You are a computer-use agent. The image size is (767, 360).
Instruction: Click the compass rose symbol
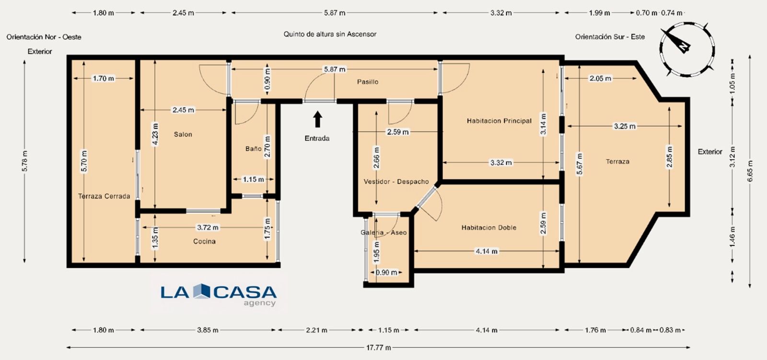[x=687, y=48]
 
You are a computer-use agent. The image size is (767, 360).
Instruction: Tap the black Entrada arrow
[x=317, y=119]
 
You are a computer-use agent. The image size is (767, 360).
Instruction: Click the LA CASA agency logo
[x=219, y=293]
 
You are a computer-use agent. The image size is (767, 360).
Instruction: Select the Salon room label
[x=183, y=135]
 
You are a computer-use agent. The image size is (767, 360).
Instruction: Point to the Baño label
[x=253, y=149]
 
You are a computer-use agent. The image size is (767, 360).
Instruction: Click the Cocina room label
[x=204, y=242]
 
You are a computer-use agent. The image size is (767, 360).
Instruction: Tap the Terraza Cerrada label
[x=104, y=197]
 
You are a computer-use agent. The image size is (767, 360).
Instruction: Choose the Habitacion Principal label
[x=499, y=121]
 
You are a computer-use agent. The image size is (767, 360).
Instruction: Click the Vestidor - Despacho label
[x=396, y=182]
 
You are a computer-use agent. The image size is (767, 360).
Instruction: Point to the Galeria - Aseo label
[x=383, y=233]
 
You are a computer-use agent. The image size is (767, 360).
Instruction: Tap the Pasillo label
[x=368, y=82]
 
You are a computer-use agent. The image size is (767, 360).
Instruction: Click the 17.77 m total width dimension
[x=378, y=348]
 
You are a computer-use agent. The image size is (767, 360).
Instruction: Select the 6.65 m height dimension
[x=750, y=171]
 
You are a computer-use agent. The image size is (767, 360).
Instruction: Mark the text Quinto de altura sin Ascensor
[x=330, y=34]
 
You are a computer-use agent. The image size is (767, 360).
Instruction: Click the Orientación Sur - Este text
[x=610, y=37]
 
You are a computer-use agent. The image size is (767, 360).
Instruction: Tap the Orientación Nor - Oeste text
[x=44, y=37]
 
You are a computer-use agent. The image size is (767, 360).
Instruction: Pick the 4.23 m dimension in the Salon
[x=155, y=135]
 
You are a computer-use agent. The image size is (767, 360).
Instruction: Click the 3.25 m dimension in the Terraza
[x=624, y=127]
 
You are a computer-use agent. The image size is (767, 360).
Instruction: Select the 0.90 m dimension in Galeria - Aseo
[x=386, y=273]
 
